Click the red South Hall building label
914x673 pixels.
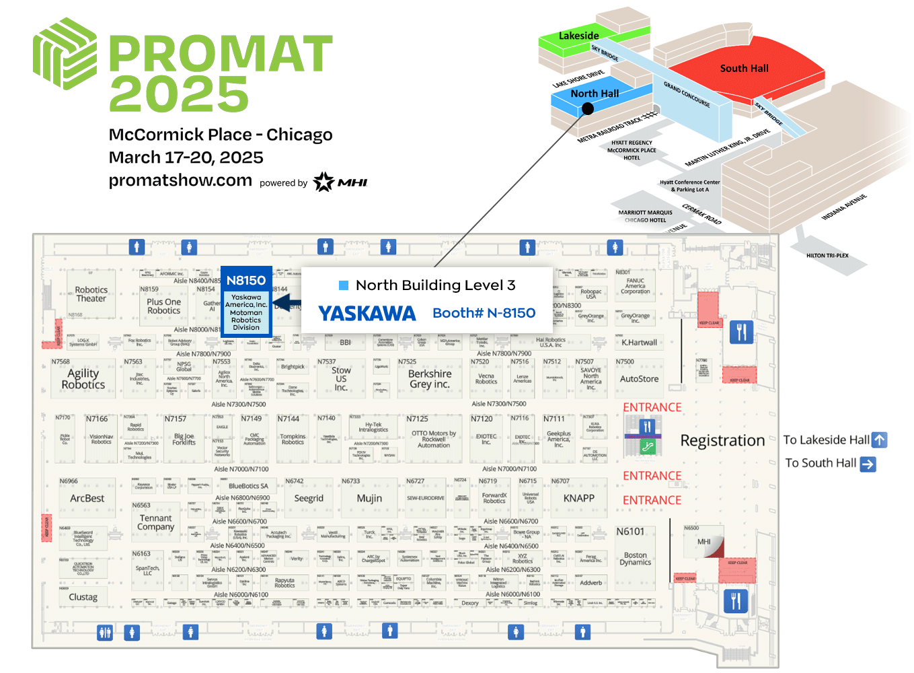pos(744,69)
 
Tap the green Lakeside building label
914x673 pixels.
pos(578,36)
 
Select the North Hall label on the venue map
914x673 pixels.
pos(595,94)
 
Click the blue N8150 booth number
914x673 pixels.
pos(246,281)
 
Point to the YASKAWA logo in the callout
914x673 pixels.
pos(367,314)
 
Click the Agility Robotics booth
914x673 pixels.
pos(83,379)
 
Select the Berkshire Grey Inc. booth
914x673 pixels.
pos(430,379)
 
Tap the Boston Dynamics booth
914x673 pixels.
pos(635,559)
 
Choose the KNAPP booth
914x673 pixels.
pos(578,499)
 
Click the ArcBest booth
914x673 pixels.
pos(87,499)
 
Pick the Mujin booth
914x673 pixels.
pos(369,499)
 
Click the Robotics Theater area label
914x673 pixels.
pos(91,294)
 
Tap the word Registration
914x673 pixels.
pos(722,441)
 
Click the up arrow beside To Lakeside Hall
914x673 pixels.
pos(880,440)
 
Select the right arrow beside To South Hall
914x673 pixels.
pos(868,464)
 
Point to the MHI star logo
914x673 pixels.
pos(323,182)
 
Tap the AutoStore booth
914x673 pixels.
pos(639,379)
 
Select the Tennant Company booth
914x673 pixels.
pos(155,522)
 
